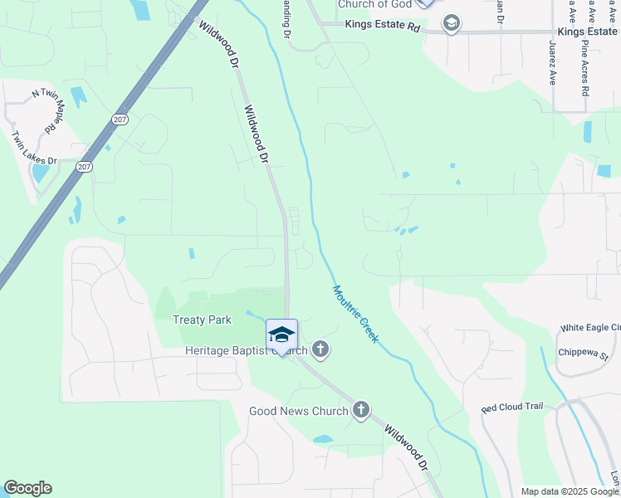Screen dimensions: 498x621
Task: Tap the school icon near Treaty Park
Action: (281, 335)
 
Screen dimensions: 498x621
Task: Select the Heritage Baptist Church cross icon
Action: (320, 350)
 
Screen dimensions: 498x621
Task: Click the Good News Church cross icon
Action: (360, 410)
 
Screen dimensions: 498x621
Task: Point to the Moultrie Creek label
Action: (355, 315)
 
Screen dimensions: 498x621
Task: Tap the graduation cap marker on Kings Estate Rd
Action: (451, 23)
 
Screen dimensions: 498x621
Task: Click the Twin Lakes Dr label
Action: (34, 149)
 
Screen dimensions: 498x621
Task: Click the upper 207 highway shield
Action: (120, 120)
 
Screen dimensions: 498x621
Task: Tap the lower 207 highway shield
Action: (83, 167)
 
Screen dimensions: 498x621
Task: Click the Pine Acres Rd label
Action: (584, 68)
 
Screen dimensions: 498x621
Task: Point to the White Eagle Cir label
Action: (589, 329)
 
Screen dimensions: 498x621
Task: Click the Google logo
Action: (27, 489)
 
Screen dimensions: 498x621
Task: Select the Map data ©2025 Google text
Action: (569, 491)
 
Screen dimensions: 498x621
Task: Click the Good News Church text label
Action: (299, 411)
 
